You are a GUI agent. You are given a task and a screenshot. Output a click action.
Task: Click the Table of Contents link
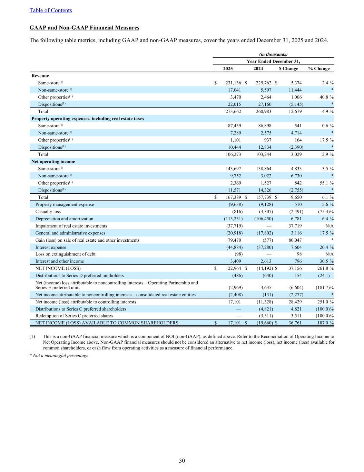coord(51,10)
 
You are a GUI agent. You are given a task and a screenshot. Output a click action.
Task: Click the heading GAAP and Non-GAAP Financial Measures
coord(85,28)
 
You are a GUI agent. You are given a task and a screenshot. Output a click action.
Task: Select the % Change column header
coord(319,68)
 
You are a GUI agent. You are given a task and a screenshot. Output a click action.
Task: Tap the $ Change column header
coord(288,68)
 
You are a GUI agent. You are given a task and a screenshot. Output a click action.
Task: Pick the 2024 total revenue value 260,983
coord(263,111)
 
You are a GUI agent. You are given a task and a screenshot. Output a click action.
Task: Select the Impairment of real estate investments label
coord(71,226)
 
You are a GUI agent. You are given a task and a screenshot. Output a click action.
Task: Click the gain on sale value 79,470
coord(234,240)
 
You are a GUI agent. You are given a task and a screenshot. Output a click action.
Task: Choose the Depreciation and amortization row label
coord(64,219)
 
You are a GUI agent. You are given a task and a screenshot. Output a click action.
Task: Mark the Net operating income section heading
coord(53,161)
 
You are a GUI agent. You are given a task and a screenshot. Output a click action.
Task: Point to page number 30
coord(182,461)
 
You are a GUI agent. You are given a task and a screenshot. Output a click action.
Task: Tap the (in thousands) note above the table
coord(273,54)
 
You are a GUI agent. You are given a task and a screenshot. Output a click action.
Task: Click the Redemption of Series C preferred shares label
coord(74,316)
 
